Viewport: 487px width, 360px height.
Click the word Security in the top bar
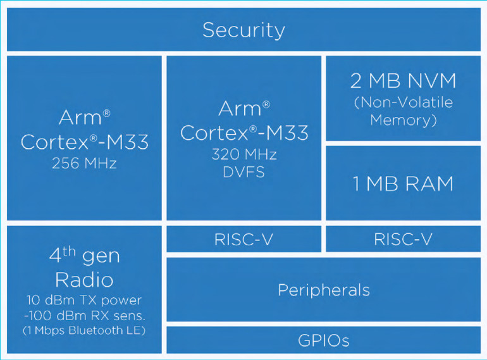[x=244, y=30]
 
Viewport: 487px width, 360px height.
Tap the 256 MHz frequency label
[x=84, y=164]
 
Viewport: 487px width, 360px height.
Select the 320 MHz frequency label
[x=244, y=154]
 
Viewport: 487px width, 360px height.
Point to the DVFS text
[x=244, y=171]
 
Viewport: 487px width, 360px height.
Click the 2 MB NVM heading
[x=403, y=81]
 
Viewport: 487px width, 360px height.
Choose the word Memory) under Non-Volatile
[x=403, y=120]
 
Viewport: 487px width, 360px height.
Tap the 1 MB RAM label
[x=403, y=183]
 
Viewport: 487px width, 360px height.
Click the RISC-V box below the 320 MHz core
[x=244, y=239]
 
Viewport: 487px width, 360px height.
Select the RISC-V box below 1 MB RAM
[x=403, y=239]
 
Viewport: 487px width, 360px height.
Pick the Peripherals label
[x=323, y=290]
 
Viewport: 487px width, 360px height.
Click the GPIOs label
[x=323, y=340]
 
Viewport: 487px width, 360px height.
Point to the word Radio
[x=84, y=279]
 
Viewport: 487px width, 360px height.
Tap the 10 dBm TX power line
[x=84, y=300]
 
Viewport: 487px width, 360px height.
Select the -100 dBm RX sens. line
[x=84, y=316]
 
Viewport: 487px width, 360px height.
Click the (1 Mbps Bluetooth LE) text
[x=84, y=331]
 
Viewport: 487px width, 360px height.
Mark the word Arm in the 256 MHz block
[x=80, y=118]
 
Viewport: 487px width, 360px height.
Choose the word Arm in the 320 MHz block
[x=240, y=109]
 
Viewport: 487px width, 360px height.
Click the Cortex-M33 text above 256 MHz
[x=84, y=142]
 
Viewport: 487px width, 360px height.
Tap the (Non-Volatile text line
[x=403, y=102]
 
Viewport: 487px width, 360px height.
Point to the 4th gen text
[x=84, y=256]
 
